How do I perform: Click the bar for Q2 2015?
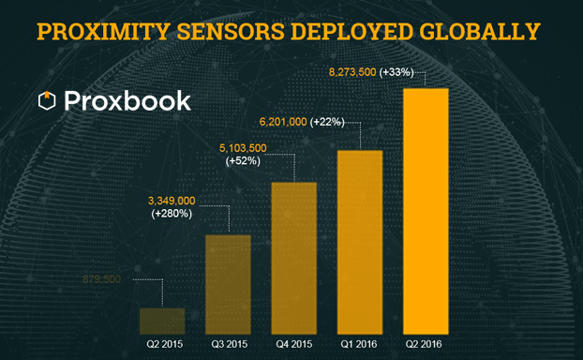tap(162, 321)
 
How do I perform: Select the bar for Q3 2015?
tap(228, 284)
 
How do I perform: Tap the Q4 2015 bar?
tap(293, 258)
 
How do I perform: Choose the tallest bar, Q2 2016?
tap(425, 211)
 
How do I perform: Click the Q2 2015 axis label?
tap(164, 345)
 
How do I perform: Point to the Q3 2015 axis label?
tap(229, 345)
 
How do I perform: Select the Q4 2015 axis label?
tap(293, 345)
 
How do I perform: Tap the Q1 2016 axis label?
tap(359, 345)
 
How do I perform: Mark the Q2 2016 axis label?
tap(425, 345)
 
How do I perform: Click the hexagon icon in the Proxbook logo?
tap(46, 100)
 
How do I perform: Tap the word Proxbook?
tap(127, 100)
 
